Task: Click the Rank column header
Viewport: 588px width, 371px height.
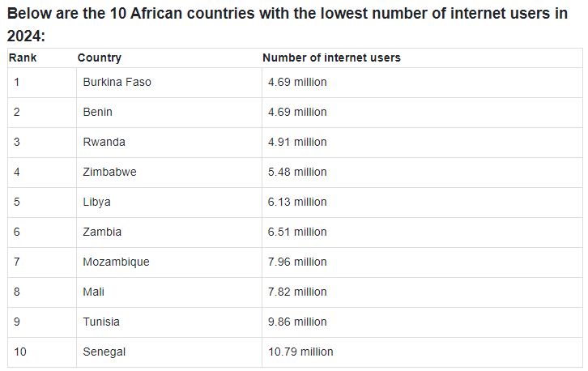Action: tap(23, 58)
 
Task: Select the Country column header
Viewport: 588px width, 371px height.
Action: tap(99, 58)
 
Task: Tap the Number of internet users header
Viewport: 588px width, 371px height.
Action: tap(331, 58)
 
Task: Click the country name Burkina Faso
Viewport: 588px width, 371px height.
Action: tap(117, 82)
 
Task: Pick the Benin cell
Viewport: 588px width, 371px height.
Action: tap(97, 112)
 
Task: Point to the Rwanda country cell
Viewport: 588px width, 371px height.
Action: tap(104, 142)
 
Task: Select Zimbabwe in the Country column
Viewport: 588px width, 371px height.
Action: tap(109, 172)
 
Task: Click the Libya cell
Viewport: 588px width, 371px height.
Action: tap(96, 202)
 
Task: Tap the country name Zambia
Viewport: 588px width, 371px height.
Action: tap(102, 232)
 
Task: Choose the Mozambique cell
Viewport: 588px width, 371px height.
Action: tap(116, 262)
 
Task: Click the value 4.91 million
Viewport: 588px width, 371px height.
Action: tap(297, 142)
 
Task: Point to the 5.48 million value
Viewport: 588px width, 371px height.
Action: tap(297, 172)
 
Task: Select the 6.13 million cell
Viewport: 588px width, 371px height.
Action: tap(297, 202)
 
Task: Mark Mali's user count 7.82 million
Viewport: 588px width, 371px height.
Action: tap(297, 292)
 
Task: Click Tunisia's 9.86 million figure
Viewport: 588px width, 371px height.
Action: tap(297, 322)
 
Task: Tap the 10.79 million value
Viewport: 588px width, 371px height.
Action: tap(300, 352)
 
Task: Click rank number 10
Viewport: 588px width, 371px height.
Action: tap(20, 352)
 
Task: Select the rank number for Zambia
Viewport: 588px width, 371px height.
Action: tap(17, 232)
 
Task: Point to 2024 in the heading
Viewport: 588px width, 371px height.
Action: tap(23, 36)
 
